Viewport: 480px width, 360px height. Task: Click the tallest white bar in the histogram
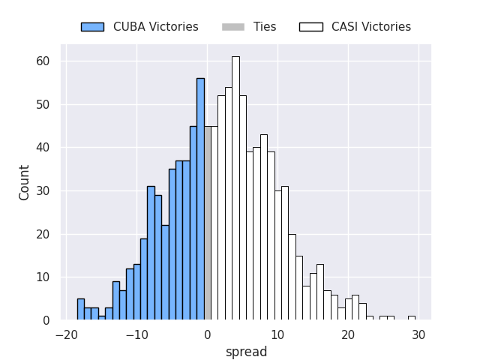pyautogui.click(x=235, y=187)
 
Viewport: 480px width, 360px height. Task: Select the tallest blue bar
pyautogui.click(x=200, y=199)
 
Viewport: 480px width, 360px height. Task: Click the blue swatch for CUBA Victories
pyautogui.click(x=92, y=27)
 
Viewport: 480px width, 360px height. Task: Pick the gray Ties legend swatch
pyautogui.click(x=232, y=27)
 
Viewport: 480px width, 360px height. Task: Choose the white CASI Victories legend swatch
pyautogui.click(x=310, y=27)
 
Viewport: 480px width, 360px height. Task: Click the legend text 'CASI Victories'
pyautogui.click(x=370, y=27)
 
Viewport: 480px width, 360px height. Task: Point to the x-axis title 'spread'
pyautogui.click(x=246, y=352)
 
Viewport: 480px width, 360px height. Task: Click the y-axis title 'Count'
pyautogui.click(x=25, y=182)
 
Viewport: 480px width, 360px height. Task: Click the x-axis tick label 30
pyautogui.click(x=418, y=334)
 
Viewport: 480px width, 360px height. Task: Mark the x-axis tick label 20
pyautogui.click(x=348, y=334)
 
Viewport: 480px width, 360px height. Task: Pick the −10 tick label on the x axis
pyautogui.click(x=135, y=334)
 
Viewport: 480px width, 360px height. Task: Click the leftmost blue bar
pyautogui.click(x=81, y=310)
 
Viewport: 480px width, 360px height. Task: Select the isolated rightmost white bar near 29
pyautogui.click(x=411, y=318)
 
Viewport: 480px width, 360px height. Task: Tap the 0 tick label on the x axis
pyautogui.click(x=208, y=334)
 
